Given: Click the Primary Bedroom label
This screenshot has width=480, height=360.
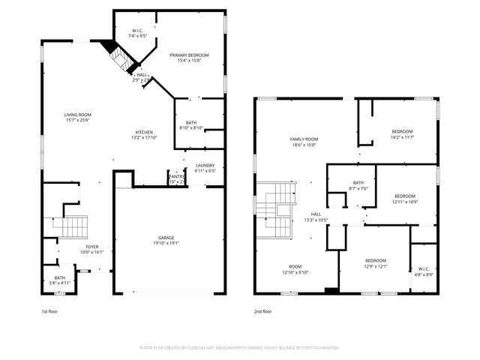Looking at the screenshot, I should (188, 55).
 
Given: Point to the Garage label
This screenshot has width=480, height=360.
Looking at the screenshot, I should (166, 238).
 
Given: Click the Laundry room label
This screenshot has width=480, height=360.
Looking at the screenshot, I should (205, 165).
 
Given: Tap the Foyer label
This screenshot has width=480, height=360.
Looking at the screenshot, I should (91, 247).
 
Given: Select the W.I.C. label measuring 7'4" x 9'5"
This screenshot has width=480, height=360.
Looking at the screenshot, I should (136, 31).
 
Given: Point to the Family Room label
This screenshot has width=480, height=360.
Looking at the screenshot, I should (304, 139).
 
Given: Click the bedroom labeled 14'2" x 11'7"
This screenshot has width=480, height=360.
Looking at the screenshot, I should (402, 132).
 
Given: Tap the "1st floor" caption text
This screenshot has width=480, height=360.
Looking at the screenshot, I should (49, 311).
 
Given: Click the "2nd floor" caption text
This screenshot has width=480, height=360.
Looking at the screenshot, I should (262, 311).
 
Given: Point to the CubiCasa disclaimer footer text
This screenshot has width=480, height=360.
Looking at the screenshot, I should (240, 348).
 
